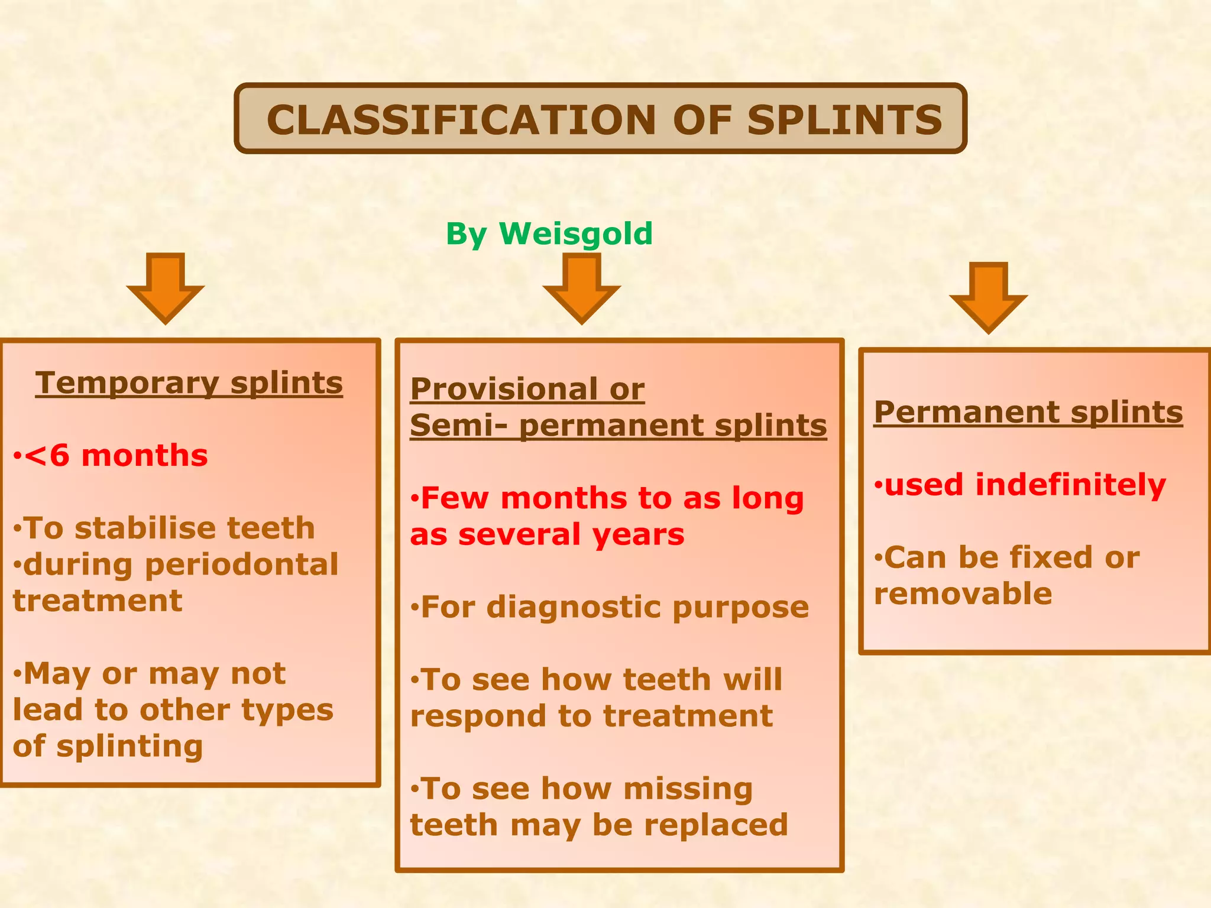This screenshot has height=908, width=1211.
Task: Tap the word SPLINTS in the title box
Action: [x=844, y=120]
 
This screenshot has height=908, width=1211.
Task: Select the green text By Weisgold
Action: [x=549, y=234]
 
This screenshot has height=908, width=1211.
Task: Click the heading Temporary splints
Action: [x=189, y=382]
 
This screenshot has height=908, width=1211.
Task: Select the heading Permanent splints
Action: [x=1028, y=411]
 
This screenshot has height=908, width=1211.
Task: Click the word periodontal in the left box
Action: [x=241, y=565]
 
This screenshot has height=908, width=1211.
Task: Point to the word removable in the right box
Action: [x=963, y=594]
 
